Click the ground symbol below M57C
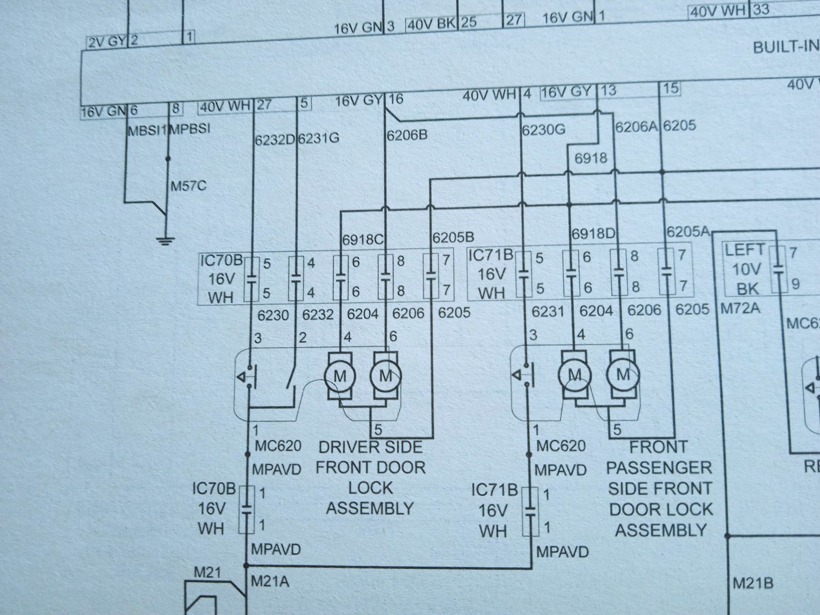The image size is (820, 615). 165,240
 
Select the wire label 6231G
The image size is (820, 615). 319,138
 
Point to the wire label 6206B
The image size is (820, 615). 407,135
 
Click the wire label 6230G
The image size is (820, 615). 544,130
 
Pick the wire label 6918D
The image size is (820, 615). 593,234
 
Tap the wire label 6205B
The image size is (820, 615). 453,237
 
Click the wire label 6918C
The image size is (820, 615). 363,239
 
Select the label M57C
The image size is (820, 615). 188,186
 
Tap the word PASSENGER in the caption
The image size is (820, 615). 659,468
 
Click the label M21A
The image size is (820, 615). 270,581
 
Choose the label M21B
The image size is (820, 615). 753,583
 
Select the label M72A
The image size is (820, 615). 740,309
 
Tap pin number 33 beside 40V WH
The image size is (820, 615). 761,9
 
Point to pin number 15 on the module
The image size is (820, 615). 671,89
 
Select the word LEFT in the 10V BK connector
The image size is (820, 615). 745,250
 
